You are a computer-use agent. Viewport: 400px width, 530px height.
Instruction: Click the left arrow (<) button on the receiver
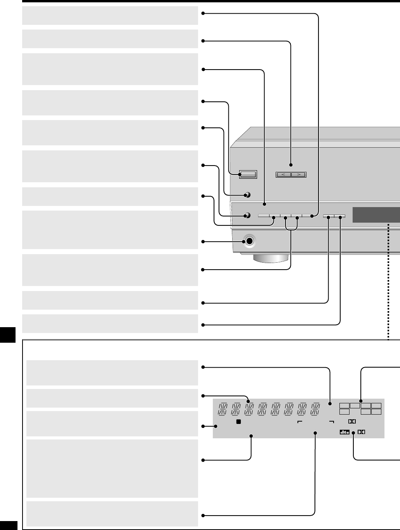283,175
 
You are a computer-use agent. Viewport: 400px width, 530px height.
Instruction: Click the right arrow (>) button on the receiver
299,175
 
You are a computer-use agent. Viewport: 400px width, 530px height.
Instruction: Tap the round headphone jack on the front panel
249,241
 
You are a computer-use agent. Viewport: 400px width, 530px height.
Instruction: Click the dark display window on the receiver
376,215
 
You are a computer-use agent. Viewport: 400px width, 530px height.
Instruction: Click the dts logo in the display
344,432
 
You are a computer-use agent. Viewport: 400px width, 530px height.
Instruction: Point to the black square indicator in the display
239,422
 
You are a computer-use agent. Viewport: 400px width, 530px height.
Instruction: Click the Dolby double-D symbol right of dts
362,432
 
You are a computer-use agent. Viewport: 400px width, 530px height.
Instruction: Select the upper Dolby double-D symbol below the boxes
351,421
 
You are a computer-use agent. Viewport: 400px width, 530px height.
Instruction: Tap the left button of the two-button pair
329,216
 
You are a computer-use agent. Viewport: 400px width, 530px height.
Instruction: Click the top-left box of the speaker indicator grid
344,406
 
